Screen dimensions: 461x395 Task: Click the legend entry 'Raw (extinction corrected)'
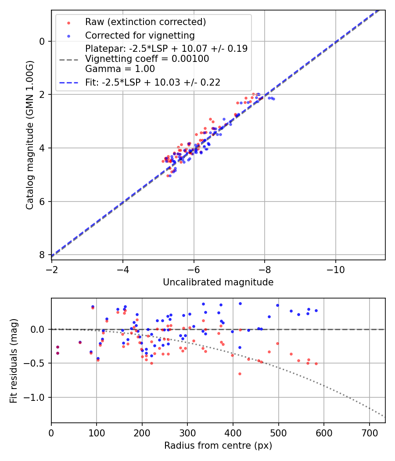point(145,22)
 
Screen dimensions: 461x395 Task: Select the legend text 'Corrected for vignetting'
point(140,35)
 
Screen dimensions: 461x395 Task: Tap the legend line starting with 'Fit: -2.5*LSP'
point(152,82)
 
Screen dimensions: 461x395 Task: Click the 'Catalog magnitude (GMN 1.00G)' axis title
point(29,135)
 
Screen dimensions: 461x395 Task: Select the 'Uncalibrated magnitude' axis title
point(218,282)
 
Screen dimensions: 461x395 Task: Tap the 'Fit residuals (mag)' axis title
point(14,360)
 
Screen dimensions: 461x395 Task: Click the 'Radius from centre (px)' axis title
point(218,446)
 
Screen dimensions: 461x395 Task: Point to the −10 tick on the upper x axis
point(336,268)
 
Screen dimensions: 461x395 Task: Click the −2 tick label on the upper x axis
point(52,268)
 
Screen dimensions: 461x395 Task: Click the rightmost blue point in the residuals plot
point(316,310)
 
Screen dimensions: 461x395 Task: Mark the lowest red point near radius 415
point(240,374)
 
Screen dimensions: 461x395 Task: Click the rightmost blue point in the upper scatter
point(273,99)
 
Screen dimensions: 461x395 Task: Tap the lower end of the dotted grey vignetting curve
point(384,416)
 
